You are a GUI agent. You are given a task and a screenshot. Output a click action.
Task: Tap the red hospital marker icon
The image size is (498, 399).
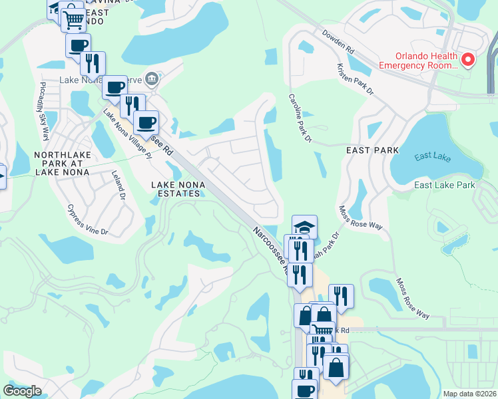tap(468, 60)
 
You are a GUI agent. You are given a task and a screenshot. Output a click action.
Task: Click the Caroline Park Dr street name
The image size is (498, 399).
tap(300, 117)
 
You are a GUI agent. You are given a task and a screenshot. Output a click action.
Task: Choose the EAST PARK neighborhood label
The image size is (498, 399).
tap(372, 151)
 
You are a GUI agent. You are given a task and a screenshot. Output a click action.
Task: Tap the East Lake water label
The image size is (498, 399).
tap(428, 157)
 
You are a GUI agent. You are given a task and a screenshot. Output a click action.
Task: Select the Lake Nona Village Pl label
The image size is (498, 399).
tap(127, 132)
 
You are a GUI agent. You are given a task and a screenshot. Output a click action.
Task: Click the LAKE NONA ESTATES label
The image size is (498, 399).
tap(176, 189)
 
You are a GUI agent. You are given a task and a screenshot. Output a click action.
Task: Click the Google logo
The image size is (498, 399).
tap(22, 391)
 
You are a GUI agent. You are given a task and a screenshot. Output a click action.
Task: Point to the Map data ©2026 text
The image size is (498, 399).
tap(469, 394)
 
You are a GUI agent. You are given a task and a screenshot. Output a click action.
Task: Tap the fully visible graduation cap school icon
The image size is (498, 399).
tap(304, 227)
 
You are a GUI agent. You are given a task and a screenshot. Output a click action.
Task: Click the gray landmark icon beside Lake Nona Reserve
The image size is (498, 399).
tap(152, 80)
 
